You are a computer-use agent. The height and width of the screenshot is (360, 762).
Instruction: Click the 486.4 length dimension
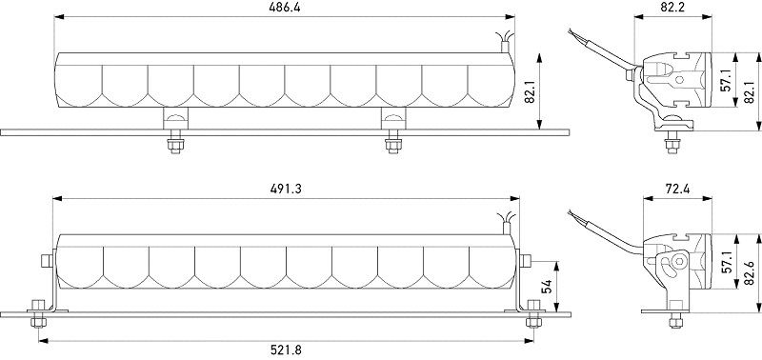tap(284, 9)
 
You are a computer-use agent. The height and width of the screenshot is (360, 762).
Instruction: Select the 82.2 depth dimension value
tap(672, 7)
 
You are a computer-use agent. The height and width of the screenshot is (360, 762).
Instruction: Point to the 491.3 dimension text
tap(286, 189)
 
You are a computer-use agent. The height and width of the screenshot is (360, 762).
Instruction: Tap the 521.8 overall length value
tap(286, 350)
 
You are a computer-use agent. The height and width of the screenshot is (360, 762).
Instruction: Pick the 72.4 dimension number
tap(677, 189)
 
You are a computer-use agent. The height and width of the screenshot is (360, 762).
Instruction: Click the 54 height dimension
tap(546, 287)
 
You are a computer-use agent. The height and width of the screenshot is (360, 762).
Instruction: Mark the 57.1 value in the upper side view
tap(726, 80)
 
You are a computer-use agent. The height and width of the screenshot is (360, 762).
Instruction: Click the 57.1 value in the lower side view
tap(727, 263)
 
